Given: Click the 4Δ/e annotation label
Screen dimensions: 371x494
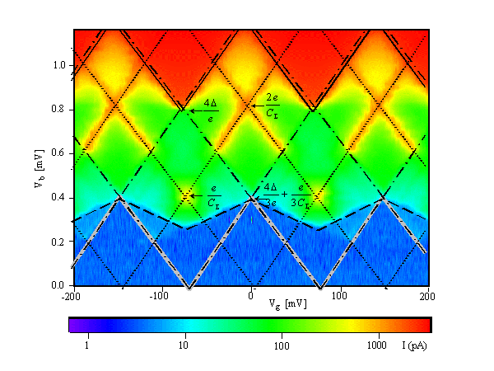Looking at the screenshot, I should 211,110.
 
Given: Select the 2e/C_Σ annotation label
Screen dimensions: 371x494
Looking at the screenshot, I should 273,106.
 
